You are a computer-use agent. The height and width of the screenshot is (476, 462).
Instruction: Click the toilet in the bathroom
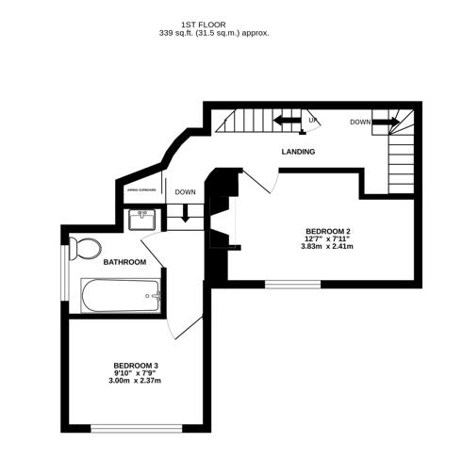[86, 248]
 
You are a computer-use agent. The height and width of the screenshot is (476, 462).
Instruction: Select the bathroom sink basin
[143, 220]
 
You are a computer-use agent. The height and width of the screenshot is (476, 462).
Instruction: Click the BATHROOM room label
[124, 262]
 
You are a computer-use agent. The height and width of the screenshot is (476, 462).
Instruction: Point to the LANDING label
[298, 152]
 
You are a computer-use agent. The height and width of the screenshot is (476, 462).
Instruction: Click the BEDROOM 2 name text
[328, 231]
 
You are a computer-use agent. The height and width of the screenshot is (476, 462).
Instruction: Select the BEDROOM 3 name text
[136, 366]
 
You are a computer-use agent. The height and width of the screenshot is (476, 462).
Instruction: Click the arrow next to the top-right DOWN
[385, 121]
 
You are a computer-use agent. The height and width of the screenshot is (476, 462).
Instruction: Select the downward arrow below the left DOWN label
[185, 212]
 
